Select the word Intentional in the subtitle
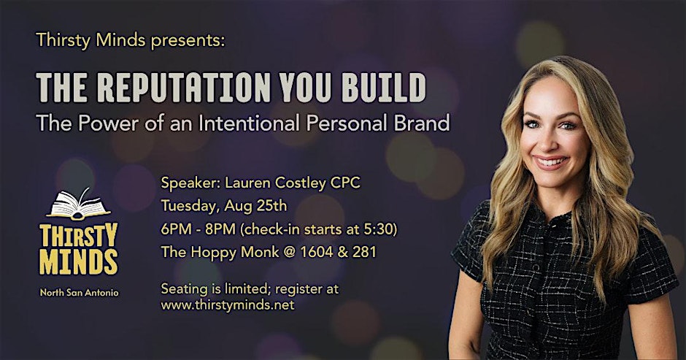[250, 123]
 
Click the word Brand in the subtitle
[422, 123]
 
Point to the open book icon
[79, 204]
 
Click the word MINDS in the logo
[79, 261]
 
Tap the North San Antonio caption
[80, 293]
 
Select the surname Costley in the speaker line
[300, 183]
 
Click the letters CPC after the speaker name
[345, 183]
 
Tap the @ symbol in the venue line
[289, 252]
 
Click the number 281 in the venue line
[364, 252]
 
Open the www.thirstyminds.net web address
[228, 305]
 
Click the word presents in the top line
[188, 41]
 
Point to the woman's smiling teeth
[550, 162]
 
